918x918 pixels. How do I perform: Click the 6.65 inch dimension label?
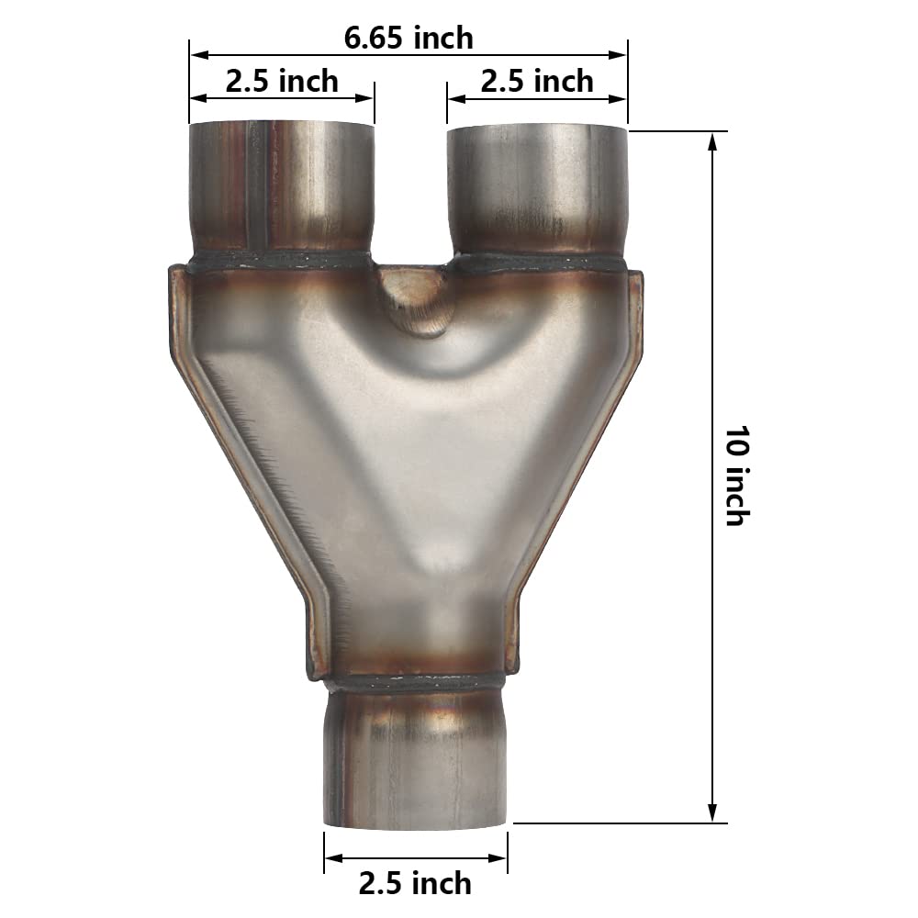[x=409, y=38]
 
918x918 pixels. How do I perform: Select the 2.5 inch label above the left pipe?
[x=282, y=81]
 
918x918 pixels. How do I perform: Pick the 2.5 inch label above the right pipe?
[x=537, y=81]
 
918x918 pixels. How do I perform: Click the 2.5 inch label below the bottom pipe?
[x=415, y=883]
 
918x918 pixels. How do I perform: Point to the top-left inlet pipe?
[x=282, y=188]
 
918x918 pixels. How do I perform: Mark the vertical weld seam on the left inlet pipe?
[x=256, y=188]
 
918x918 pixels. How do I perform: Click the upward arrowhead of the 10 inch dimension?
[x=713, y=140]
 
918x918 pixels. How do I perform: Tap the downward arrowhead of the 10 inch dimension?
[x=713, y=815]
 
